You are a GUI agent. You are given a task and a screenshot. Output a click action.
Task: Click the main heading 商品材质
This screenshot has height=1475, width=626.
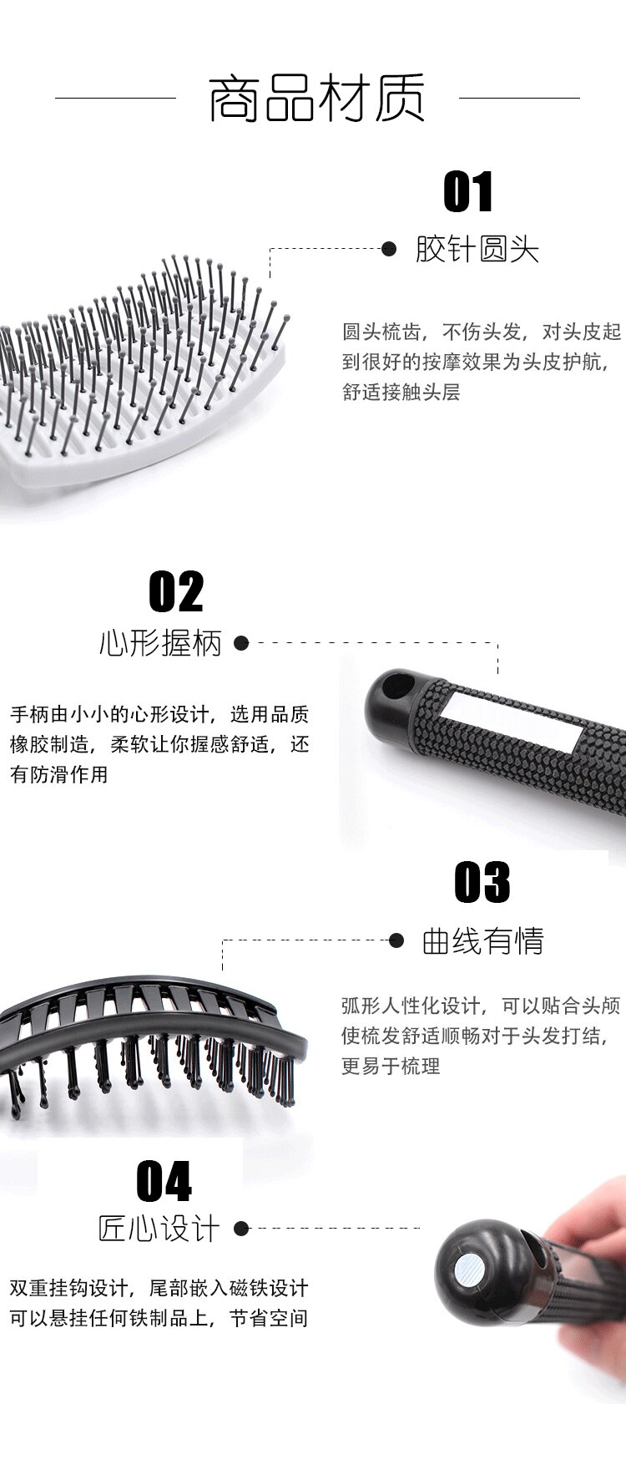click(x=316, y=98)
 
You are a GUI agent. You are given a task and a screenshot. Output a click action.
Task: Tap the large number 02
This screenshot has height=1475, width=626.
click(x=176, y=592)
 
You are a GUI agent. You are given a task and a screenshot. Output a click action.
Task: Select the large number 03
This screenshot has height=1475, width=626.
click(x=482, y=882)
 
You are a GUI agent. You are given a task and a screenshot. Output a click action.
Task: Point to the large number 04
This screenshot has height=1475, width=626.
click(x=164, y=1181)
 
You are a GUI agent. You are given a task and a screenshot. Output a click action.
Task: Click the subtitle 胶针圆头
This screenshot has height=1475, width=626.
click(x=477, y=249)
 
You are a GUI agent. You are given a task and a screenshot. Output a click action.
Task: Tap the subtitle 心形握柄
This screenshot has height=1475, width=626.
click(x=160, y=643)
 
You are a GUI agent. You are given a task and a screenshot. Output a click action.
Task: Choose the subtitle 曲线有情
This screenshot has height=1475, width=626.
click(x=483, y=941)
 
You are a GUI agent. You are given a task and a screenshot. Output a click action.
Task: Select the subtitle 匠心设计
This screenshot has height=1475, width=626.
click(x=159, y=1229)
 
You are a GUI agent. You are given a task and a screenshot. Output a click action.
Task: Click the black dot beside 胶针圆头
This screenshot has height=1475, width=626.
click(x=389, y=249)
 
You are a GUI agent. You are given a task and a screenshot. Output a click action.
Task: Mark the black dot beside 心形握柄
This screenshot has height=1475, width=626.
click(x=241, y=643)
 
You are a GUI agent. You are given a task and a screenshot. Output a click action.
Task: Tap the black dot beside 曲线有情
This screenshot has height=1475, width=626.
click(x=397, y=940)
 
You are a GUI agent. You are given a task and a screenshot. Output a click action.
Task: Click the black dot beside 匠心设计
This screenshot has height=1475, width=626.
click(x=241, y=1228)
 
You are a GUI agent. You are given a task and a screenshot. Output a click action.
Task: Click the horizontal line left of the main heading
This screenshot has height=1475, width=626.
click(x=115, y=98)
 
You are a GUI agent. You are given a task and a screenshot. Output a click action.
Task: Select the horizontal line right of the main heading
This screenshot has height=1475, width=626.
click(x=519, y=98)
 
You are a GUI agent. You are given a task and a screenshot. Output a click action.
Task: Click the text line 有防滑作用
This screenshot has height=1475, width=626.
click(x=59, y=774)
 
